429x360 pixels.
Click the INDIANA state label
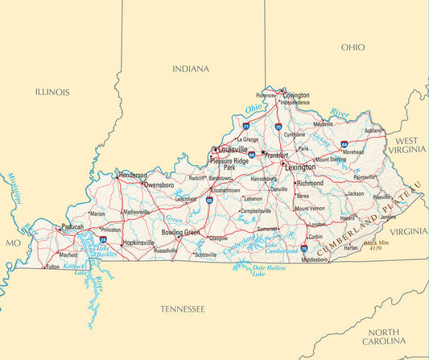pyautogui.click(x=191, y=69)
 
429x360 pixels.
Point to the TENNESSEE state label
pyautogui.click(x=182, y=309)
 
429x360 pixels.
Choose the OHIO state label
pyautogui.click(x=353, y=48)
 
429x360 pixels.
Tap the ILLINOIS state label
pyautogui.click(x=52, y=93)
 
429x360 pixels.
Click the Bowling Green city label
pyautogui.click(x=180, y=233)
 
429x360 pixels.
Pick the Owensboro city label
pyautogui.click(x=159, y=185)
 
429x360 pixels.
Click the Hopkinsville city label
pyautogui.click(x=140, y=242)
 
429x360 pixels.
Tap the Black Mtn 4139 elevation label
pyautogui.click(x=376, y=245)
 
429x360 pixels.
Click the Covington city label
pyautogui.click(x=296, y=95)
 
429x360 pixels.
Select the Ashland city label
pyautogui.click(x=373, y=130)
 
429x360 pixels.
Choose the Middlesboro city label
pyautogui.click(x=315, y=260)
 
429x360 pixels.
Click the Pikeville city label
pyautogui.click(x=382, y=197)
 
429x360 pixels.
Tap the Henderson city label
pyautogui.click(x=133, y=175)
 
